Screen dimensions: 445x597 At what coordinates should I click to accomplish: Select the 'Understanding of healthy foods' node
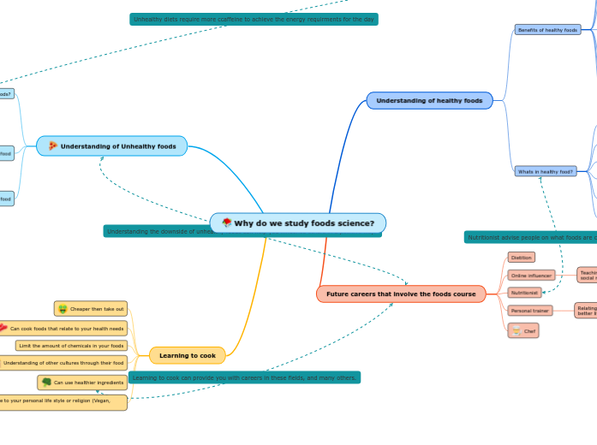pyautogui.click(x=429, y=101)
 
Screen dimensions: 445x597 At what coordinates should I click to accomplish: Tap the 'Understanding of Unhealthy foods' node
pyautogui.click(x=112, y=146)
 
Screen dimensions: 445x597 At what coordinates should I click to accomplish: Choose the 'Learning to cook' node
pyautogui.click(x=188, y=355)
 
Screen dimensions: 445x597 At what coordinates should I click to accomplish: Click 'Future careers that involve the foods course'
pyautogui.click(x=401, y=294)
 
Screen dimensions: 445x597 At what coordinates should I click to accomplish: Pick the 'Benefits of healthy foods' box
pyautogui.click(x=547, y=29)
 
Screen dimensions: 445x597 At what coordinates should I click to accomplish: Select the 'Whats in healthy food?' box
pyautogui.click(x=545, y=171)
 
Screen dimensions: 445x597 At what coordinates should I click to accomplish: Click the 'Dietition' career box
pyautogui.click(x=521, y=257)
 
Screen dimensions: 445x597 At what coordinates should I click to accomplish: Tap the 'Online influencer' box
pyautogui.click(x=531, y=276)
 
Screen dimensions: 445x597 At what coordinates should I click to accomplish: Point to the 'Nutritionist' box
pyautogui.click(x=524, y=293)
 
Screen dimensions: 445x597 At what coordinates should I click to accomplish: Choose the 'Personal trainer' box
pyautogui.click(x=529, y=311)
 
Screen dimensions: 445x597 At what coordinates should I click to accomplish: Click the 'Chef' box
pyautogui.click(x=523, y=330)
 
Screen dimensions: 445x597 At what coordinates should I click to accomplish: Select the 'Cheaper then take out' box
pyautogui.click(x=91, y=308)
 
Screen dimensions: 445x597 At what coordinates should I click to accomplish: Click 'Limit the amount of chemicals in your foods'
pyautogui.click(x=71, y=346)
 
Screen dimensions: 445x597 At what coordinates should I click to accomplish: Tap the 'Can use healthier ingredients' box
pyautogui.click(x=82, y=383)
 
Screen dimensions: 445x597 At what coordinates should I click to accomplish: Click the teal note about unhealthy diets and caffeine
pyautogui.click(x=254, y=19)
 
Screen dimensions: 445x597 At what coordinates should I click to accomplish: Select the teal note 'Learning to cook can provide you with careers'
pyautogui.click(x=244, y=377)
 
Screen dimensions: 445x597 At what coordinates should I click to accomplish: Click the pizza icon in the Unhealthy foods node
pyautogui.click(x=53, y=146)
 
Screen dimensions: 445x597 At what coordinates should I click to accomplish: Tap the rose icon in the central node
pyautogui.click(x=226, y=223)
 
